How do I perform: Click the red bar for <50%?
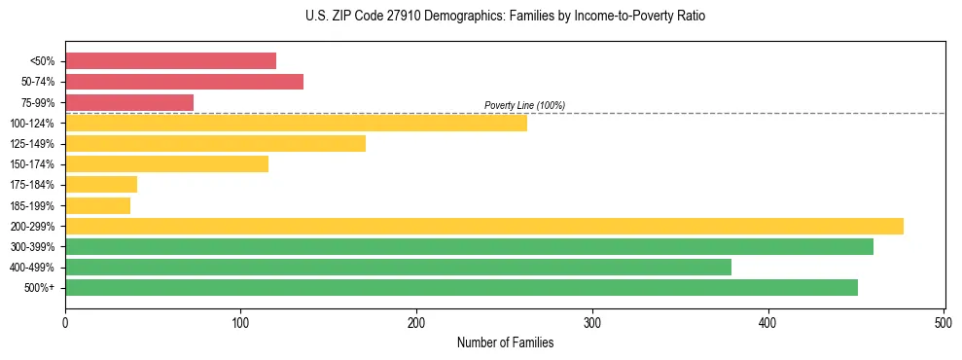click(x=170, y=61)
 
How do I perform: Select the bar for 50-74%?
click(x=184, y=82)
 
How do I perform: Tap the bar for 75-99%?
click(x=129, y=102)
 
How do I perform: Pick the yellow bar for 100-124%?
click(x=296, y=123)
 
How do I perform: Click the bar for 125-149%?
click(x=215, y=144)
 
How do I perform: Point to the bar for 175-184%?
click(x=101, y=185)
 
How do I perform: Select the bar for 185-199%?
click(x=97, y=205)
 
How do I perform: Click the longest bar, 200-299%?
click(x=483, y=226)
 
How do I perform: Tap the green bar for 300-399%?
click(x=469, y=246)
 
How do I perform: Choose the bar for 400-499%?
click(x=398, y=267)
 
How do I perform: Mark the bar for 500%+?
click(x=461, y=287)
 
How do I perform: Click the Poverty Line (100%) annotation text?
click(x=524, y=105)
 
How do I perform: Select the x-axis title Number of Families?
click(x=505, y=342)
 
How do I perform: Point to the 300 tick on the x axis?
click(x=592, y=321)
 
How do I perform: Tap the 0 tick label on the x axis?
click(x=65, y=321)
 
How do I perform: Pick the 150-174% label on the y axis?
click(x=32, y=164)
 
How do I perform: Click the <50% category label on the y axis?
click(x=43, y=61)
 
